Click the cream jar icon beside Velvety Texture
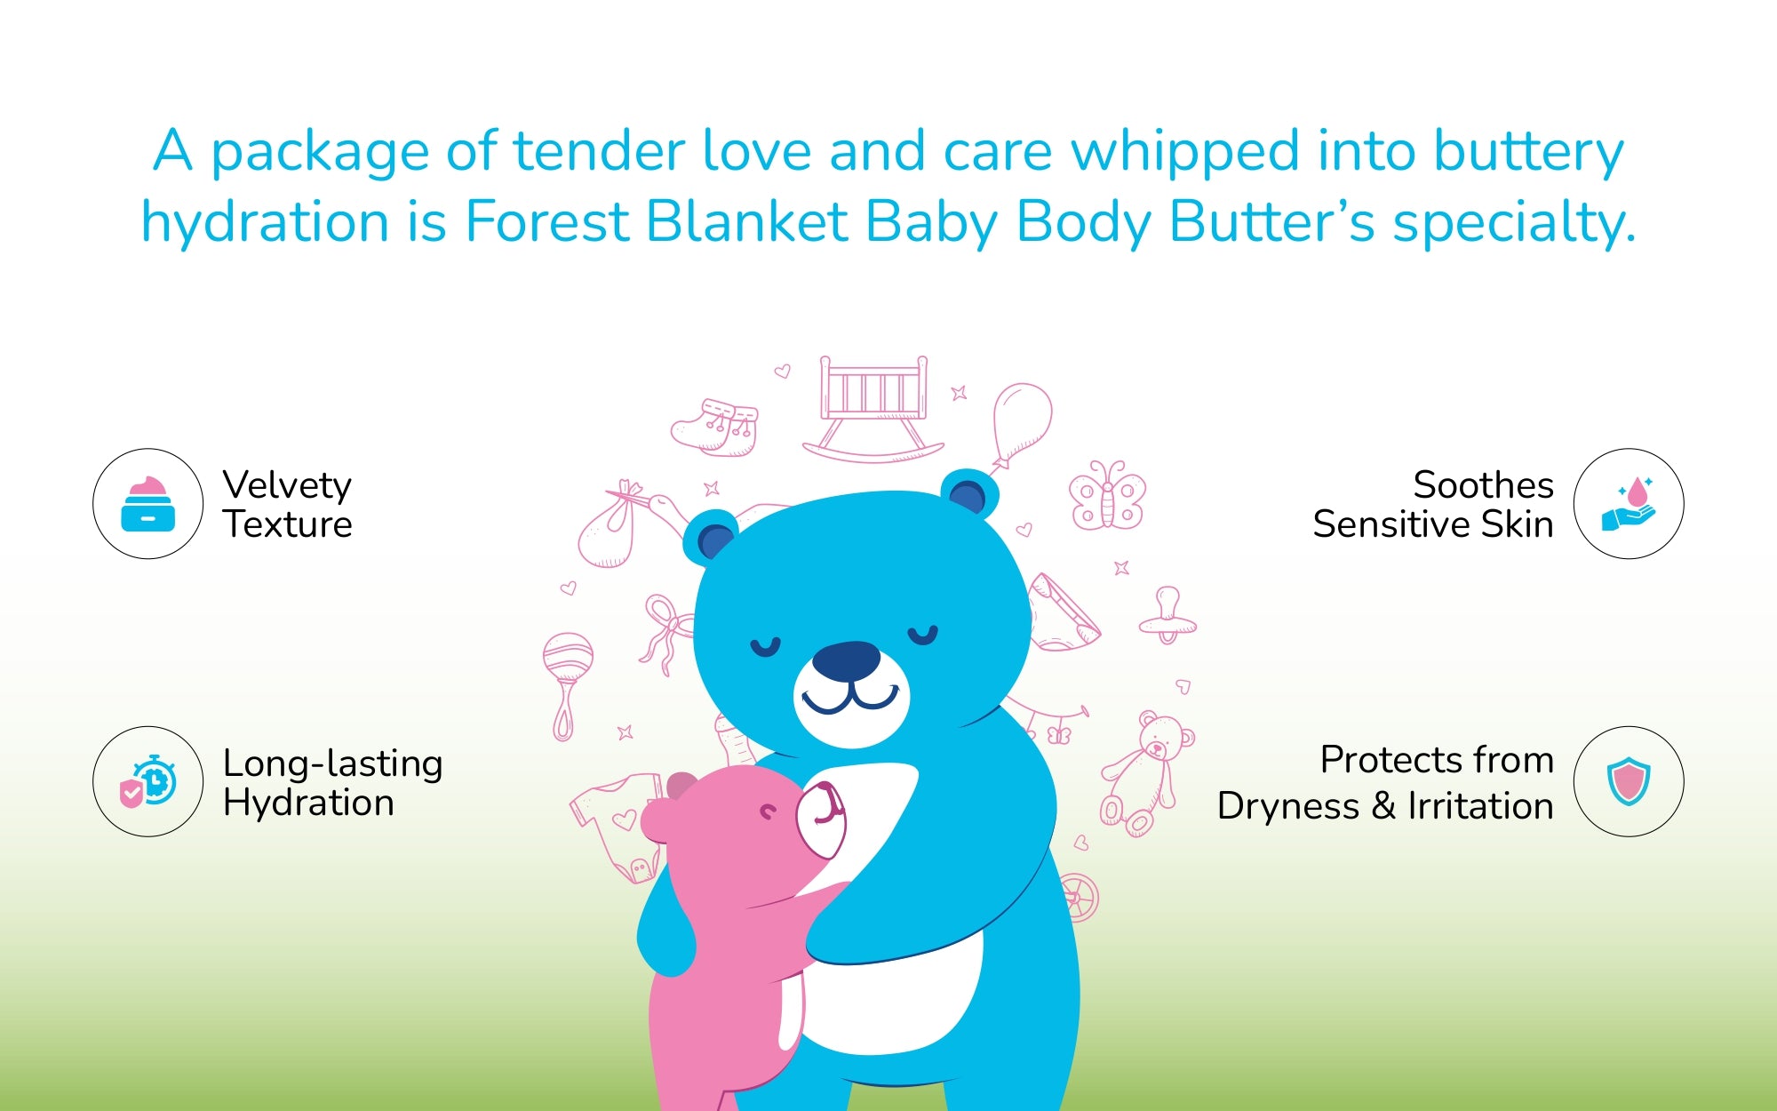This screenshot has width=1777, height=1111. [147, 504]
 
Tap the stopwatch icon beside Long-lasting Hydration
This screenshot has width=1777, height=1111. [148, 781]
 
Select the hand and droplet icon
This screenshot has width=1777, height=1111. [1629, 504]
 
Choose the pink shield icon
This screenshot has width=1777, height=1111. [1629, 781]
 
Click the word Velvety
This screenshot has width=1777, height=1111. [287, 486]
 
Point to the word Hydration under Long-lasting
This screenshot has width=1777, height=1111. [308, 803]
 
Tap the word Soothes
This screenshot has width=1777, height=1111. [1483, 484]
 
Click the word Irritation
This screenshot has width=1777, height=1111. [1480, 805]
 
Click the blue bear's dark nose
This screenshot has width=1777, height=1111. [846, 659]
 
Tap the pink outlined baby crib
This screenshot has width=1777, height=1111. [873, 409]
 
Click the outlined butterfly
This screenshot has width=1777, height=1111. [1107, 495]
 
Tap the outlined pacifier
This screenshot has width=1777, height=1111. [1167, 615]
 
